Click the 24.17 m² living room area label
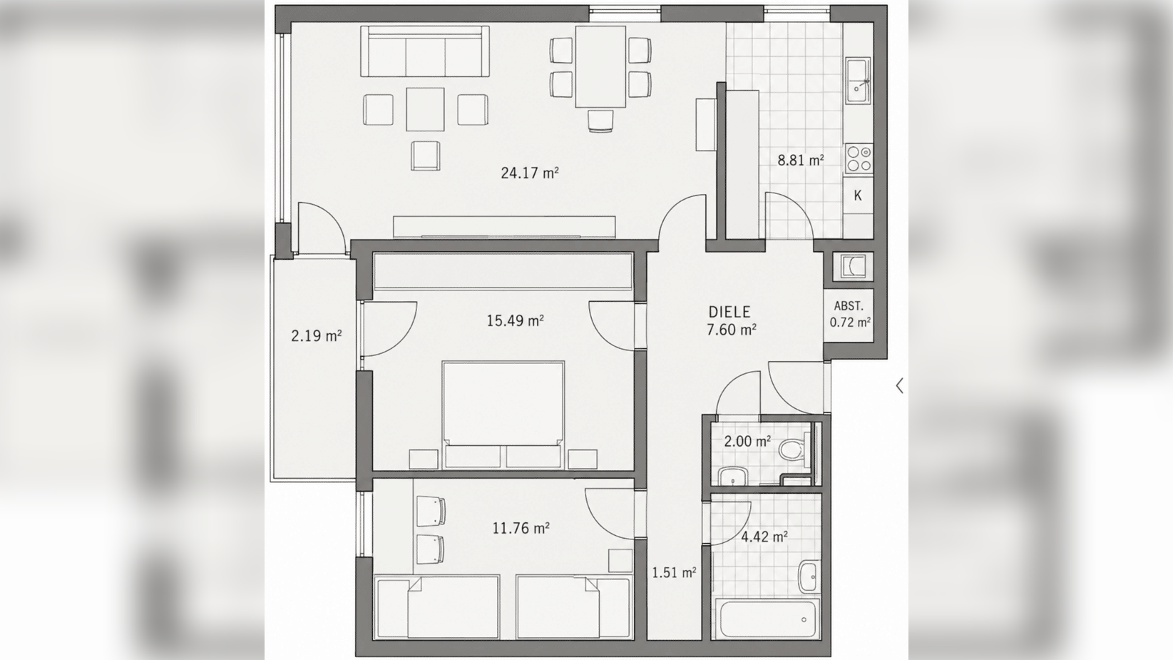tap(529, 173)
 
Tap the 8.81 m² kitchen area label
tap(801, 160)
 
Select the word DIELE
tap(729, 313)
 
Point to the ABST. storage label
tap(849, 306)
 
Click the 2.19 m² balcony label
tap(317, 335)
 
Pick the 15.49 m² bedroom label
tap(515, 320)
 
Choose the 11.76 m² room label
tap(521, 528)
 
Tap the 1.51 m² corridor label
tap(674, 572)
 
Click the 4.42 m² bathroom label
tap(764, 537)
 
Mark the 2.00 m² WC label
tap(747, 442)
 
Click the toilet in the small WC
tap(793, 449)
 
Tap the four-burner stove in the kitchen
tap(859, 158)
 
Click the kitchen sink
tap(858, 81)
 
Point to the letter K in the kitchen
tap(858, 196)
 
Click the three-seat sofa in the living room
tap(425, 51)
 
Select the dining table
tap(600, 66)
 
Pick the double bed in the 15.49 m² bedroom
tap(503, 415)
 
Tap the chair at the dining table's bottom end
tap(600, 121)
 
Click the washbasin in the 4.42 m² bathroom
tap(809, 577)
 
